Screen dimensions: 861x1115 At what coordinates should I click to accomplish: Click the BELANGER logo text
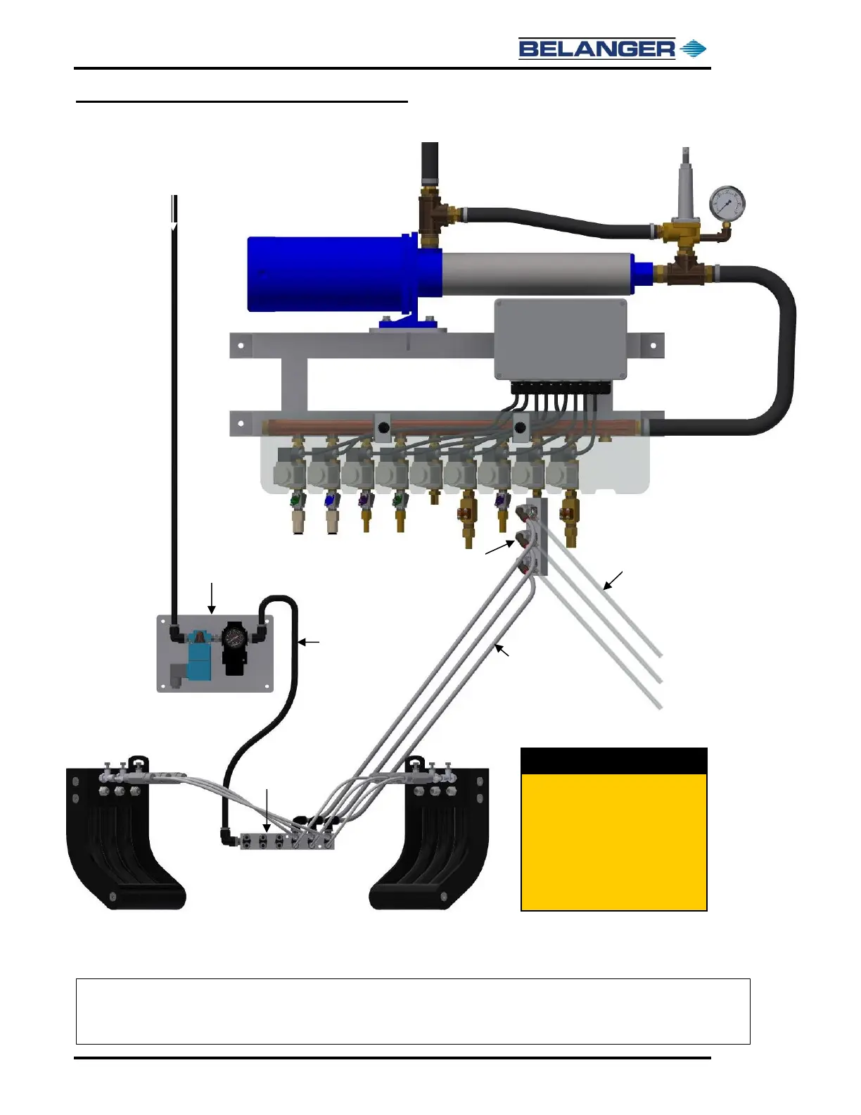(597, 49)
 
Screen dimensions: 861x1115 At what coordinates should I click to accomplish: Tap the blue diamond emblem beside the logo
(694, 49)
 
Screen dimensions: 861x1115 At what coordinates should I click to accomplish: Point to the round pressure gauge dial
(727, 203)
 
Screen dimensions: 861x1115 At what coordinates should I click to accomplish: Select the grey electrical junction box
(561, 340)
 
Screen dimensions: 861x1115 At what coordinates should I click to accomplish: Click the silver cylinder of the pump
(538, 274)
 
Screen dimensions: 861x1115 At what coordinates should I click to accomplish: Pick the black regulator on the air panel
(234, 648)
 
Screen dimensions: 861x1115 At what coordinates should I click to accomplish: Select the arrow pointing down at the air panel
(212, 598)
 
